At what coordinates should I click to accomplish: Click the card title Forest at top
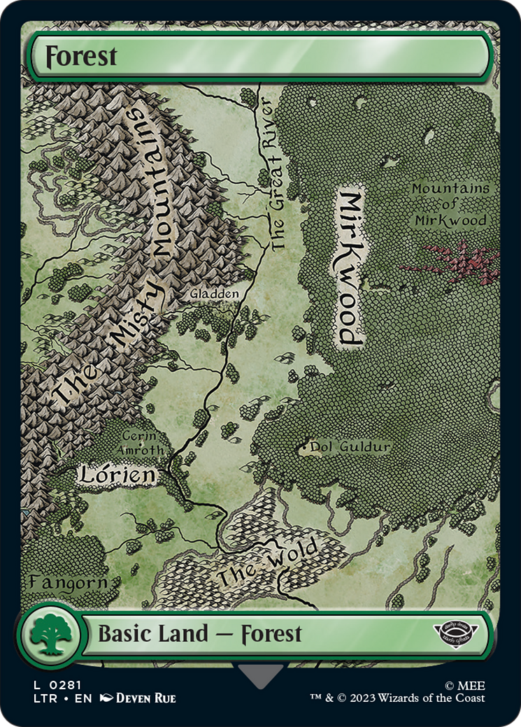(81, 57)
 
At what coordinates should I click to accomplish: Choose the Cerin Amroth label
(143, 441)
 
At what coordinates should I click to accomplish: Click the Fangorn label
(68, 582)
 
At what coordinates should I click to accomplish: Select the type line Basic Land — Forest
(199, 634)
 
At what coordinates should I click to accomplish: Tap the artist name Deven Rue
(145, 698)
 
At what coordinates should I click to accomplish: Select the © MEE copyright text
(468, 685)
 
